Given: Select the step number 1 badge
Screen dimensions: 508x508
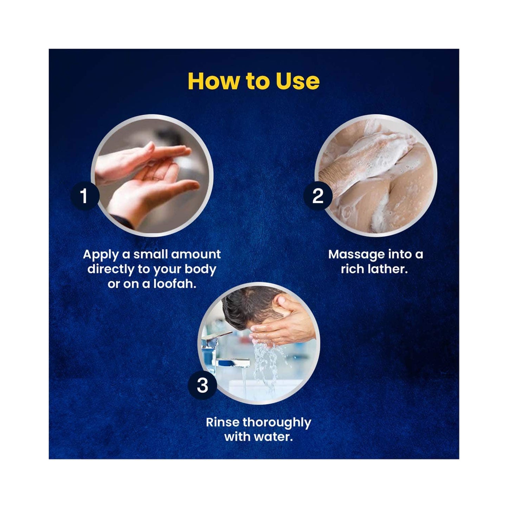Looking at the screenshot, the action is (x=85, y=195).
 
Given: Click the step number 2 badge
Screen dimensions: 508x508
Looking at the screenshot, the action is (x=318, y=195).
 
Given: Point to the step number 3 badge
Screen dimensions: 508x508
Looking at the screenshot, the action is (x=202, y=385).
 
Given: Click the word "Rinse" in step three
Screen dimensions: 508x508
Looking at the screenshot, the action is (x=223, y=422).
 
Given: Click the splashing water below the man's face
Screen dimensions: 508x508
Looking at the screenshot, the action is (x=266, y=364).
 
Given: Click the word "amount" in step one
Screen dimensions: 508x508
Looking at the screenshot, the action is (x=196, y=255).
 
